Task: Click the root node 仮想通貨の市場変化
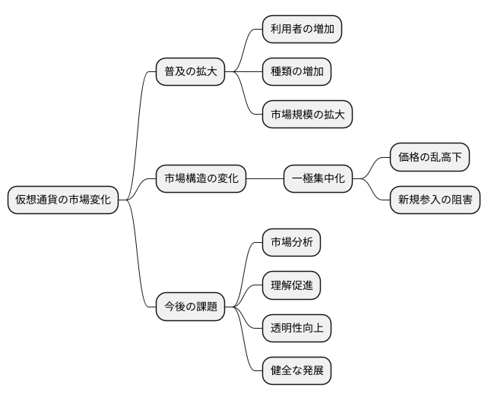coord(63,200)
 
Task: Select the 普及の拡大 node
coord(190,71)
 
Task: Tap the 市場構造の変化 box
coord(201,179)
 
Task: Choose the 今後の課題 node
coord(190,307)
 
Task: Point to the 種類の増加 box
coord(296,72)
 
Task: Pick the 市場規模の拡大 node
coord(307,115)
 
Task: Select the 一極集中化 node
coord(318,179)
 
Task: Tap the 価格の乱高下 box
coord(429,158)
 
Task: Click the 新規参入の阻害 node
coord(435,200)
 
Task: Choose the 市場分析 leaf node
coord(291,243)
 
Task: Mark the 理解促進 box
coord(291,286)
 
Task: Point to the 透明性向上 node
coord(296,329)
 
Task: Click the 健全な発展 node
coord(296,372)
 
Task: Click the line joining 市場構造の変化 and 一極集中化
coord(265,179)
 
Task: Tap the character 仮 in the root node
coord(21,200)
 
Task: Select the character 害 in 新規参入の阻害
coord(466,200)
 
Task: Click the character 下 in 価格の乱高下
coord(456,158)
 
